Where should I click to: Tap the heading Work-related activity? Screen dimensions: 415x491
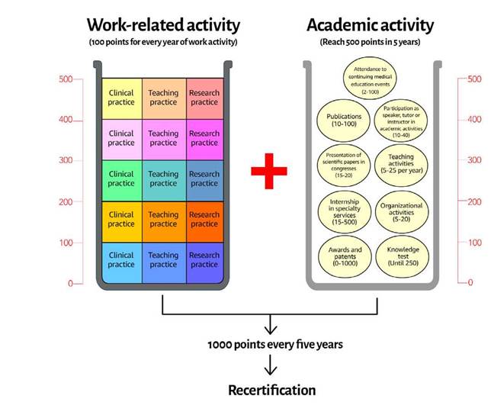click(x=162, y=25)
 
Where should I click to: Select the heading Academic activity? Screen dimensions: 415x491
click(x=370, y=25)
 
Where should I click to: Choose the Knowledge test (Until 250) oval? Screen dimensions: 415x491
click(x=402, y=254)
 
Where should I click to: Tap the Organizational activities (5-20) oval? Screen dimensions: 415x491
click(x=402, y=209)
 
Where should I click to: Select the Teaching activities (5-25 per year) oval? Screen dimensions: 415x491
click(x=402, y=162)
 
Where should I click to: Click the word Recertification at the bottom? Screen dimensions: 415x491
click(x=271, y=391)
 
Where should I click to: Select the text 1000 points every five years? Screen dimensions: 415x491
click(x=274, y=345)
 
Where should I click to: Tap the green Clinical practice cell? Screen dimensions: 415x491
click(x=121, y=179)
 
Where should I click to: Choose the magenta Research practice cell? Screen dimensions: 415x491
click(x=204, y=138)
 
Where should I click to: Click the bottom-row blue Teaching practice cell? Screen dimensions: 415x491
click(x=162, y=261)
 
